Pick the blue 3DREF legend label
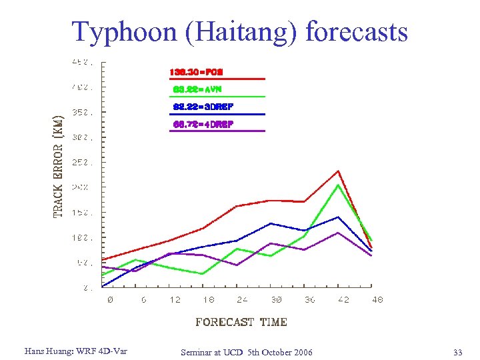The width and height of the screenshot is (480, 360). coord(203,107)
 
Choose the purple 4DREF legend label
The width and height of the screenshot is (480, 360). coord(203,124)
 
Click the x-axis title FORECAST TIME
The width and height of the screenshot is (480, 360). coord(241,322)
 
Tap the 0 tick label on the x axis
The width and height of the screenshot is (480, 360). coord(110,300)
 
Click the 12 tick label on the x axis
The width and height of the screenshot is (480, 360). coord(175,300)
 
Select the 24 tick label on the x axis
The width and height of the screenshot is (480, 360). coord(243,300)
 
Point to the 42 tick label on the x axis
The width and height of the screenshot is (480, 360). coord(343,300)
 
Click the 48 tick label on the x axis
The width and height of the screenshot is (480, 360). coord(377,300)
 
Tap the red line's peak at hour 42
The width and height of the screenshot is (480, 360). coord(339,171)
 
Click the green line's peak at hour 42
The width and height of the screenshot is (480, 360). coord(339,185)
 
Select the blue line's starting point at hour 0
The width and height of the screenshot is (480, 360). coord(103,287)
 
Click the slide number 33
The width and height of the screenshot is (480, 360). coord(457,351)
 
